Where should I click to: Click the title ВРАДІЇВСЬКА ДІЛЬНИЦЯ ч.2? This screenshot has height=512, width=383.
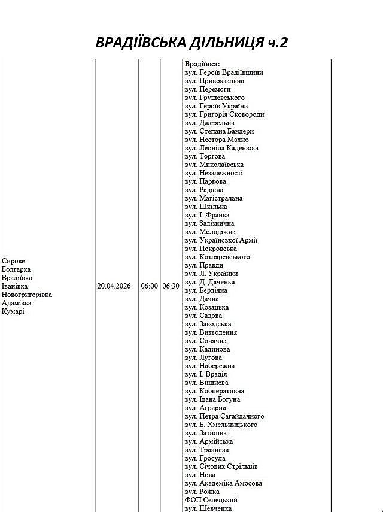point(191,42)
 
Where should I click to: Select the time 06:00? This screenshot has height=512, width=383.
point(149,286)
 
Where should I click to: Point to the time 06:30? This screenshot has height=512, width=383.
point(171,286)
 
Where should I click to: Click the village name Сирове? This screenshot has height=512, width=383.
point(13,261)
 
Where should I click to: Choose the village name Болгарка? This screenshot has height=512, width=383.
point(17,269)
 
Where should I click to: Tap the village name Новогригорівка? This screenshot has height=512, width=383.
point(27,295)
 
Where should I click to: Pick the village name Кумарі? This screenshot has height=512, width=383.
point(13,311)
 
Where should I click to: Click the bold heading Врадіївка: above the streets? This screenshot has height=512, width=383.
point(202,64)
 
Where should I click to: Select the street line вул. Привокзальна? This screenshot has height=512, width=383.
point(214,81)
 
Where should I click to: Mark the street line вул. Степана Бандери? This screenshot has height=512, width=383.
point(219,131)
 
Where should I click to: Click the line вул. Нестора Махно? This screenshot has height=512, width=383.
point(217,140)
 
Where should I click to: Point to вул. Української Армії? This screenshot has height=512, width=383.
point(221,240)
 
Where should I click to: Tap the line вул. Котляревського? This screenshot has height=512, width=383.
point(217,257)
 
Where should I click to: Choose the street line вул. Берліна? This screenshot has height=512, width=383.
point(206,290)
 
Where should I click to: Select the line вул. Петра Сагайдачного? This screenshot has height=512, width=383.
point(224,416)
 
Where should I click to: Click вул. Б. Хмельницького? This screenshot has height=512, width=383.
point(221,425)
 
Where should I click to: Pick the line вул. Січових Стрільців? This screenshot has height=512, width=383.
point(221,466)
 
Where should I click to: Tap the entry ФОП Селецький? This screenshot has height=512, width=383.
point(211,500)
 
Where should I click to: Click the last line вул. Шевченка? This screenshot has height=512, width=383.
point(208,508)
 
